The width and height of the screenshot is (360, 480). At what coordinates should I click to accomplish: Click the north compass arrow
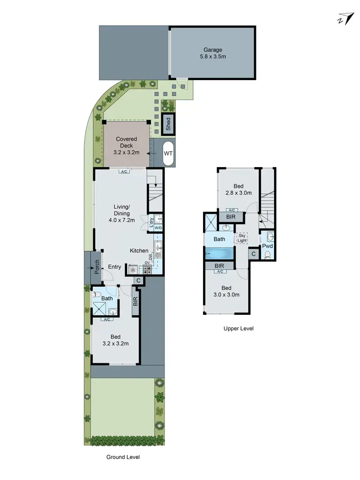coord(344,19)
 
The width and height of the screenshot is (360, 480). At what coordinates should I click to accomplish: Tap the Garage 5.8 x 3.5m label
coord(212,53)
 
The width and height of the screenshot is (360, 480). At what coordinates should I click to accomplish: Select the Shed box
coord(168,124)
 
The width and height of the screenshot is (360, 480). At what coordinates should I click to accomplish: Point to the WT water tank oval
coord(168,154)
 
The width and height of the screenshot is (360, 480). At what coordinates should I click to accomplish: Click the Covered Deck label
coord(127,146)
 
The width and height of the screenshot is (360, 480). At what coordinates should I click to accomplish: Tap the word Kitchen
coord(139,251)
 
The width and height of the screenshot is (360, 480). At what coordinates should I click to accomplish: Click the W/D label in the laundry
coord(158,228)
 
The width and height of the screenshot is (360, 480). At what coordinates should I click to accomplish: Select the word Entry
coord(114,267)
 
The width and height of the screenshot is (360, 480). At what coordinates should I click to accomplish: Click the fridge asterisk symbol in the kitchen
coord(132,270)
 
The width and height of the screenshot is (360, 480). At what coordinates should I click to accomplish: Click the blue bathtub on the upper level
coord(219,253)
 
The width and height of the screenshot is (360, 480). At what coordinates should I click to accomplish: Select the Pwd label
coord(267,246)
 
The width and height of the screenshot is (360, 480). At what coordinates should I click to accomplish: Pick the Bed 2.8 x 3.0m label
coord(239,189)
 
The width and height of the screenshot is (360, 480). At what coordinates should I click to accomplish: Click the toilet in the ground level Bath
coord(97,295)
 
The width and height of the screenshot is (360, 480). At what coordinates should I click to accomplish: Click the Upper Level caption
coord(239,329)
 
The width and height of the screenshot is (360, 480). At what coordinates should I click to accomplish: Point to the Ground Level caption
coord(123,457)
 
